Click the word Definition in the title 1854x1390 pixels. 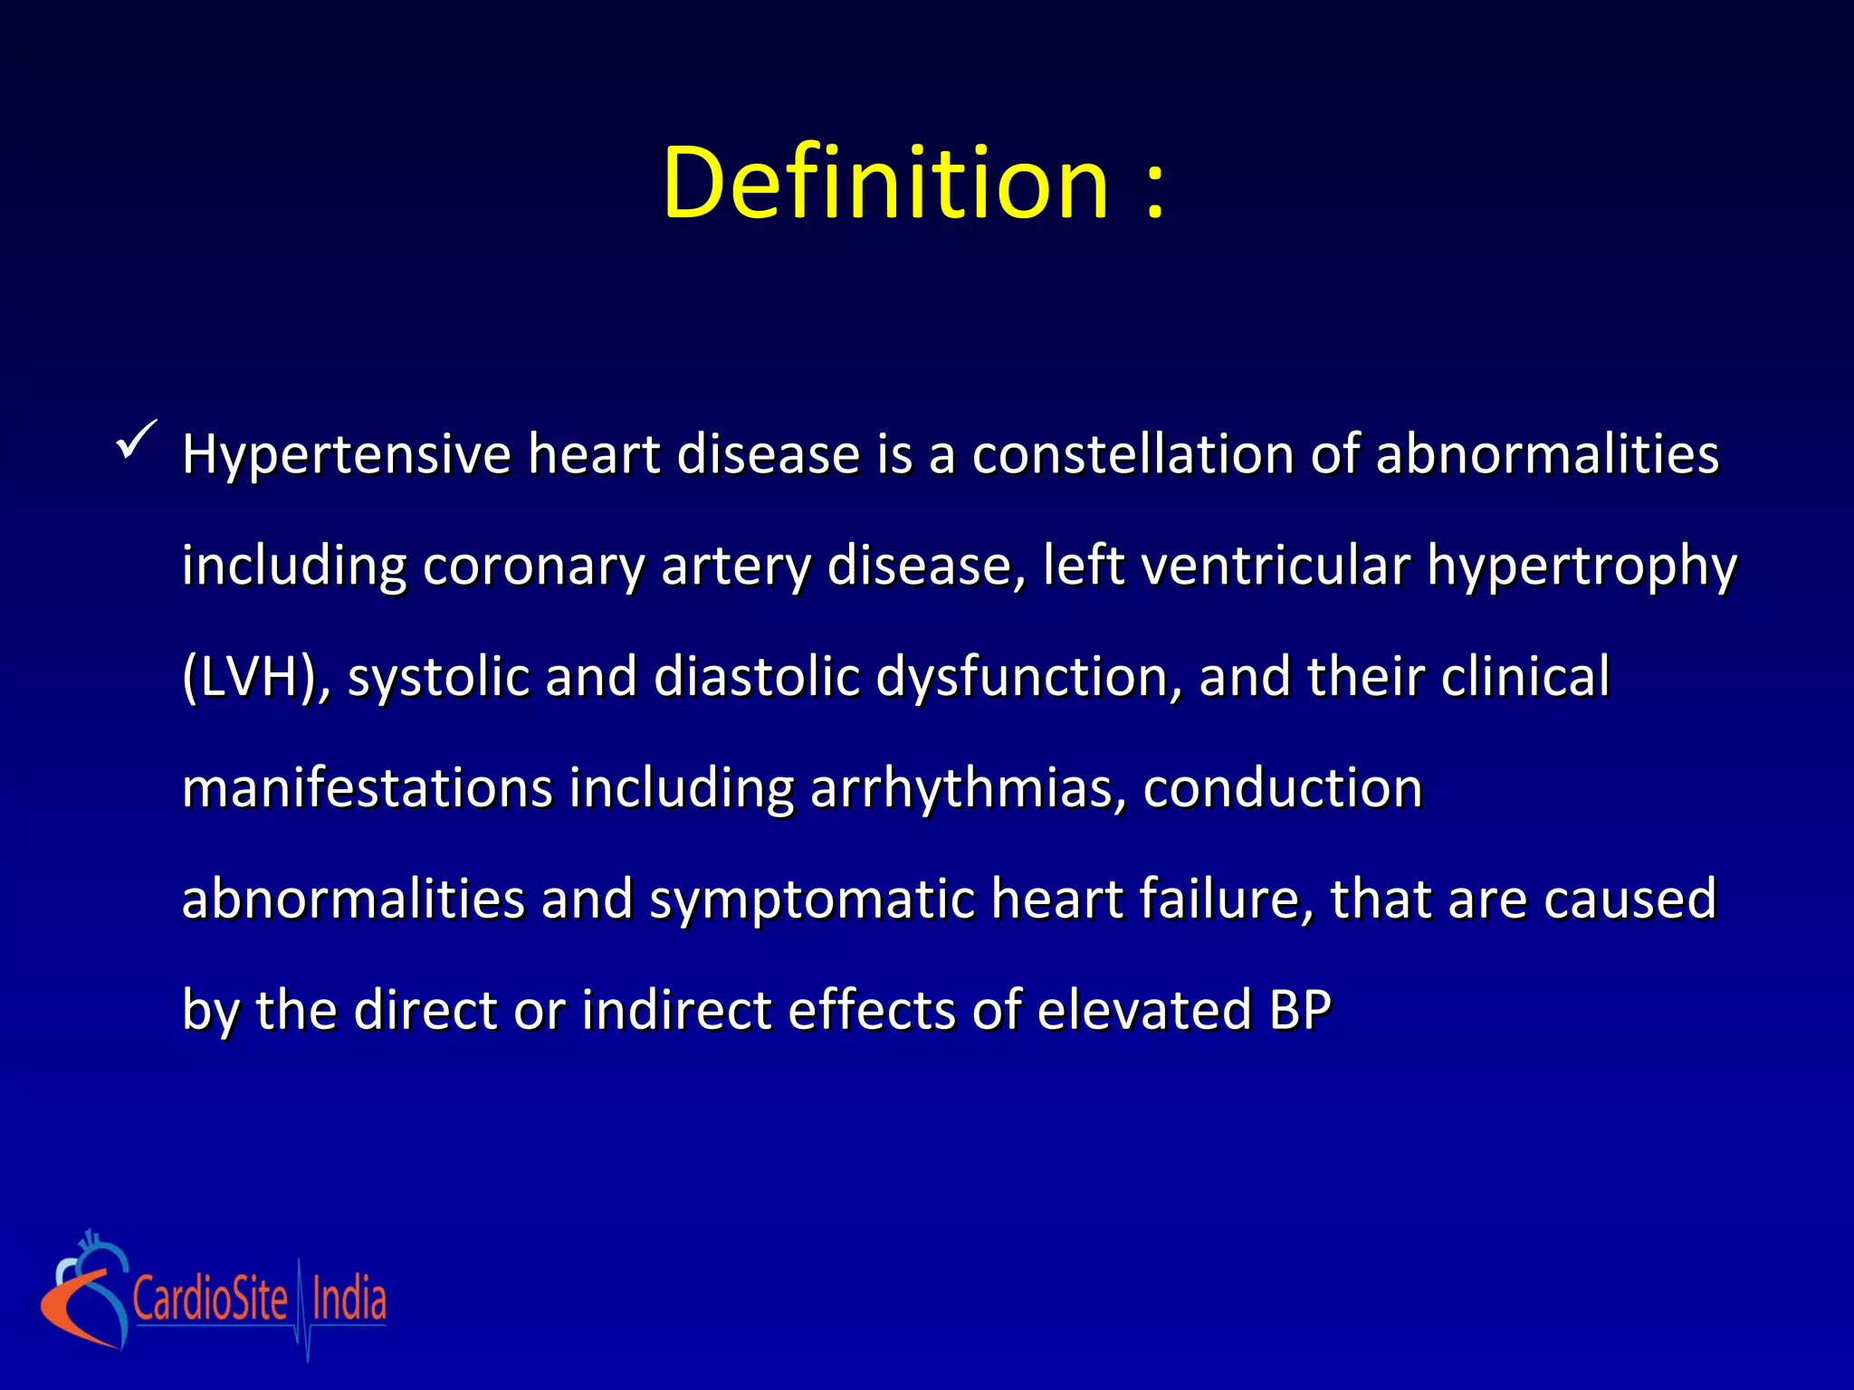[x=885, y=184]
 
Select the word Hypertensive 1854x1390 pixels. [x=347, y=455]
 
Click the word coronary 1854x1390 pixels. [x=533, y=566]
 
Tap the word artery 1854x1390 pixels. [x=736, y=566]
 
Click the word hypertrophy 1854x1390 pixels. [x=1582, y=566]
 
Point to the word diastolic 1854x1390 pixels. [x=756, y=676]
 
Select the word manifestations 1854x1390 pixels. [x=367, y=787]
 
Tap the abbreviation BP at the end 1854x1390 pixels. [x=1300, y=1010]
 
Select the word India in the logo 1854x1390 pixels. [x=349, y=1300]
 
